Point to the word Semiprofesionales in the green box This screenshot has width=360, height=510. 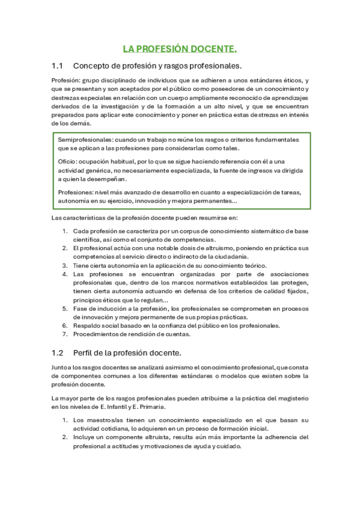[x=82, y=140]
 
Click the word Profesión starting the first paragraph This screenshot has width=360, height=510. [x=64, y=81]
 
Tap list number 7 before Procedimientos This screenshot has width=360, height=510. [x=65, y=334]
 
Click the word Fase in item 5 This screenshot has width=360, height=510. [x=79, y=309]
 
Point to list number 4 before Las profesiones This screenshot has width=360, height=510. [x=65, y=274]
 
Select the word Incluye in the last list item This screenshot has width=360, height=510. [x=85, y=437]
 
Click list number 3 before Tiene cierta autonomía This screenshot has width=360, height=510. [x=65, y=265]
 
